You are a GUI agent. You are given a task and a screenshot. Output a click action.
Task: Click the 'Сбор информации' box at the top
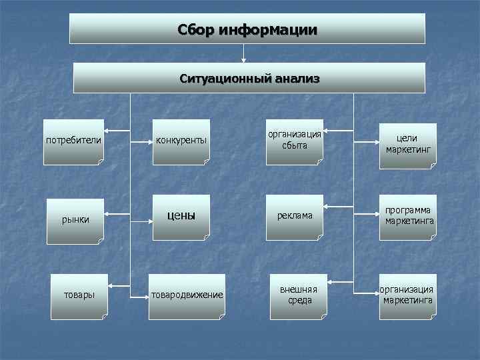tap(247, 29)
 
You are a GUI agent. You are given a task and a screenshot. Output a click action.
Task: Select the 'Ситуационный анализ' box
tap(249, 78)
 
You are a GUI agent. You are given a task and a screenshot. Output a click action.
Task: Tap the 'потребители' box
tap(73, 141)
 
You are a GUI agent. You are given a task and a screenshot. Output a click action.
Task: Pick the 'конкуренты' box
tap(181, 141)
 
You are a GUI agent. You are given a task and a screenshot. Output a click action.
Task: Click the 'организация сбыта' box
tap(294, 141)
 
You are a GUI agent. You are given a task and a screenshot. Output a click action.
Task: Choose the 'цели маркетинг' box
tap(407, 143)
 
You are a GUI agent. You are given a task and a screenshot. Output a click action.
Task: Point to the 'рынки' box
tap(76, 219)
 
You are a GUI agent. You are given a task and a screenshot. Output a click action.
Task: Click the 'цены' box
tap(181, 216)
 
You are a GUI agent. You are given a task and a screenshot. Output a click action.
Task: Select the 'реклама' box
tap(295, 217)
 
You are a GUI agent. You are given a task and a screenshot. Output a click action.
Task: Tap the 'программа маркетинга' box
tap(407, 216)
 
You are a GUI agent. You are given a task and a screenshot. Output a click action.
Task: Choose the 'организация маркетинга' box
tap(407, 295)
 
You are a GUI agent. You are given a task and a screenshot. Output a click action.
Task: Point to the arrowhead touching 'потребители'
tap(110, 131)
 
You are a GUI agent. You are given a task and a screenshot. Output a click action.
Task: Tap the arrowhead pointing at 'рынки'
tap(109, 214)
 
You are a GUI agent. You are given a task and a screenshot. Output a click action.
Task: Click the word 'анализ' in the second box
tap(296, 79)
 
